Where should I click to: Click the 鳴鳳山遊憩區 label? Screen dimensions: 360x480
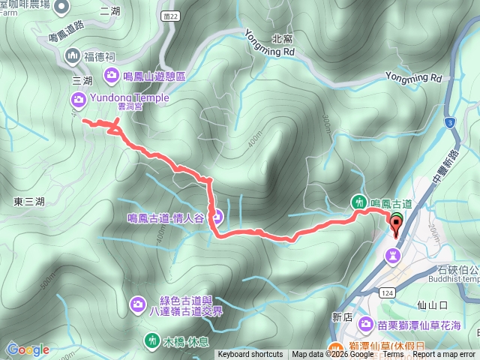point(160,76)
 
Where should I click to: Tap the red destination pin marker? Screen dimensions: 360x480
point(395,223)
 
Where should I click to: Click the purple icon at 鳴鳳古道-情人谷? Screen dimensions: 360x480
point(215,218)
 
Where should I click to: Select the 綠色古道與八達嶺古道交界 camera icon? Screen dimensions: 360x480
point(138,304)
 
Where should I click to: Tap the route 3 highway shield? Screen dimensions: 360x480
point(448,121)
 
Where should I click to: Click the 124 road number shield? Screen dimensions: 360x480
point(384,290)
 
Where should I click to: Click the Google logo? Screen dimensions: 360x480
point(28,349)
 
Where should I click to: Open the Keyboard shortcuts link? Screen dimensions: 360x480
point(250,355)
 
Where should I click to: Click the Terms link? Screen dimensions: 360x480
point(393,355)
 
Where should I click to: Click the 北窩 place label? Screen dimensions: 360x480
point(282,39)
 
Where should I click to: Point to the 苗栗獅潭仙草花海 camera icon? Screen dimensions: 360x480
point(365,323)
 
